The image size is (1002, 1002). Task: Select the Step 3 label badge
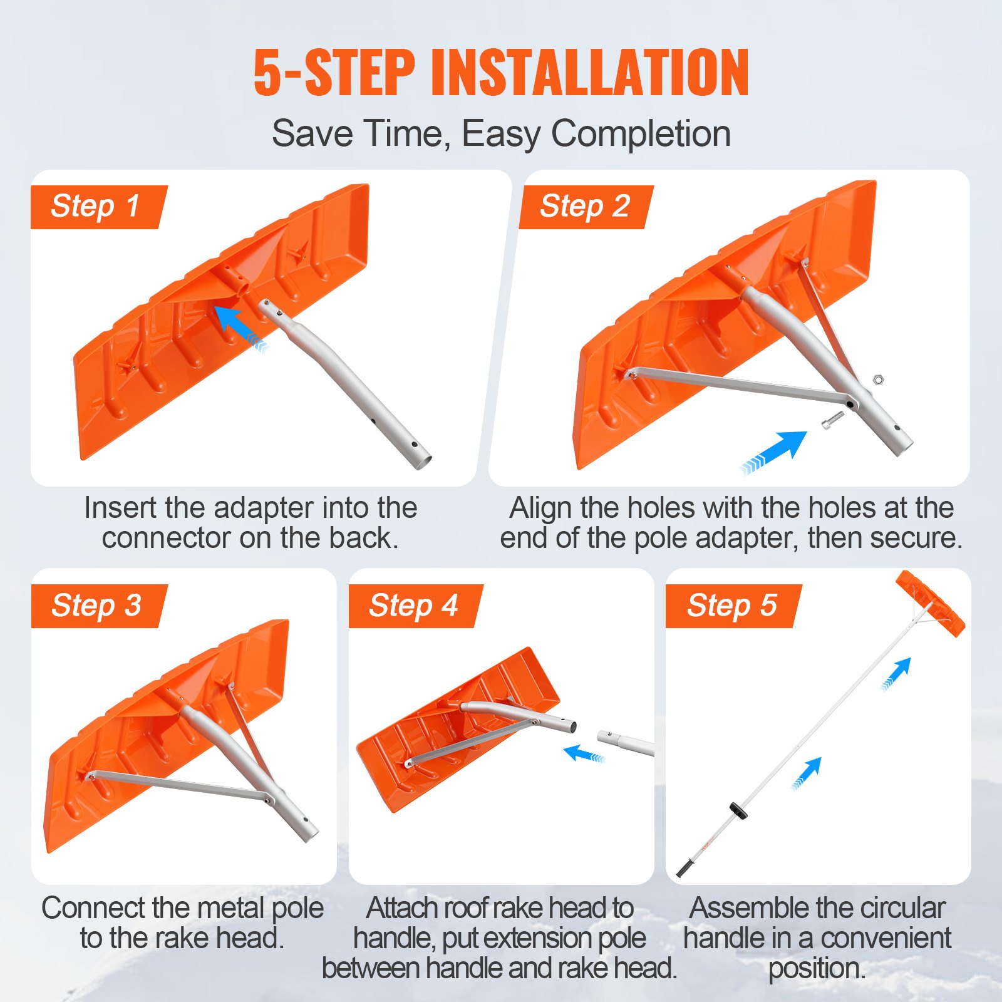[97, 606]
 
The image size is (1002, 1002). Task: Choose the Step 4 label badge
[414, 606]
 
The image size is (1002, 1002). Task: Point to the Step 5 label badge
[732, 606]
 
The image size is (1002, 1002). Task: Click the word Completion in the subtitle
[640, 133]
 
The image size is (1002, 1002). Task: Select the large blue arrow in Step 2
[777, 450]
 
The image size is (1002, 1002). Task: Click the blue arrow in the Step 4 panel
[582, 753]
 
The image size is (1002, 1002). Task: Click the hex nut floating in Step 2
[878, 379]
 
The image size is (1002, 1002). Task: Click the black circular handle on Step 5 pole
[739, 811]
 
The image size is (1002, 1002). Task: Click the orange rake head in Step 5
[930, 603]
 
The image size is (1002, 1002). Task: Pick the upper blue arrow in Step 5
[898, 673]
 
